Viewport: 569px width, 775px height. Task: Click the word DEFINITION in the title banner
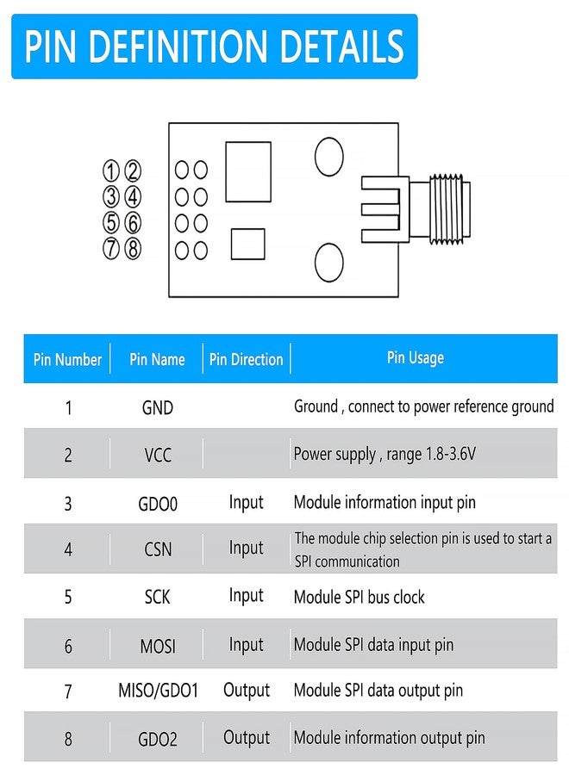178,46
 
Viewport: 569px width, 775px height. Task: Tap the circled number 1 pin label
111,170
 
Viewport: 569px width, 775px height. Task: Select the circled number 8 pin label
132,249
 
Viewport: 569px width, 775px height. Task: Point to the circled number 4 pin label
132,196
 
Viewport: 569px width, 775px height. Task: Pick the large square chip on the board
248,171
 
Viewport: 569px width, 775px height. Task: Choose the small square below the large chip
247,244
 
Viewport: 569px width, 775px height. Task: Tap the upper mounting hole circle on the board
328,157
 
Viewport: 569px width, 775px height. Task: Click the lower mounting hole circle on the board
328,263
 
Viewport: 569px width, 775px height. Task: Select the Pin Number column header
67,359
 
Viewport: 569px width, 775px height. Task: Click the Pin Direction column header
246,359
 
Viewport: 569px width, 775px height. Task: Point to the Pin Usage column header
416,358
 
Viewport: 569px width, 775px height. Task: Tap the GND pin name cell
158,408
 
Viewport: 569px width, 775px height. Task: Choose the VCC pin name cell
158,455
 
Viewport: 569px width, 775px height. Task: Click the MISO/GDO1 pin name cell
158,690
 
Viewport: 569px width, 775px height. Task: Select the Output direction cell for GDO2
247,737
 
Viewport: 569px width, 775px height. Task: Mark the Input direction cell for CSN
246,549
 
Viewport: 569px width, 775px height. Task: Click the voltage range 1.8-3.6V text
451,453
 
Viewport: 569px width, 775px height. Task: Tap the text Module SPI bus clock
360,597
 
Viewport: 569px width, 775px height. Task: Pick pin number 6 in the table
68,646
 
